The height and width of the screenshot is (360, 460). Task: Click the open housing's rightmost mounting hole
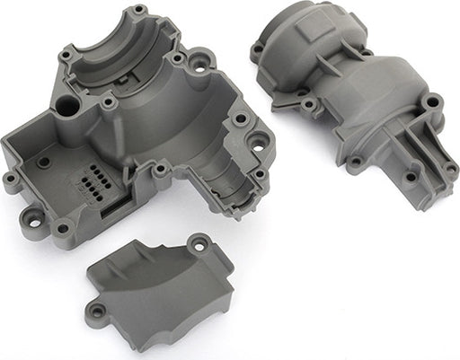coord(259,141)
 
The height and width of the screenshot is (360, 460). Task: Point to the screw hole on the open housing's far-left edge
coord(11,177)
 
